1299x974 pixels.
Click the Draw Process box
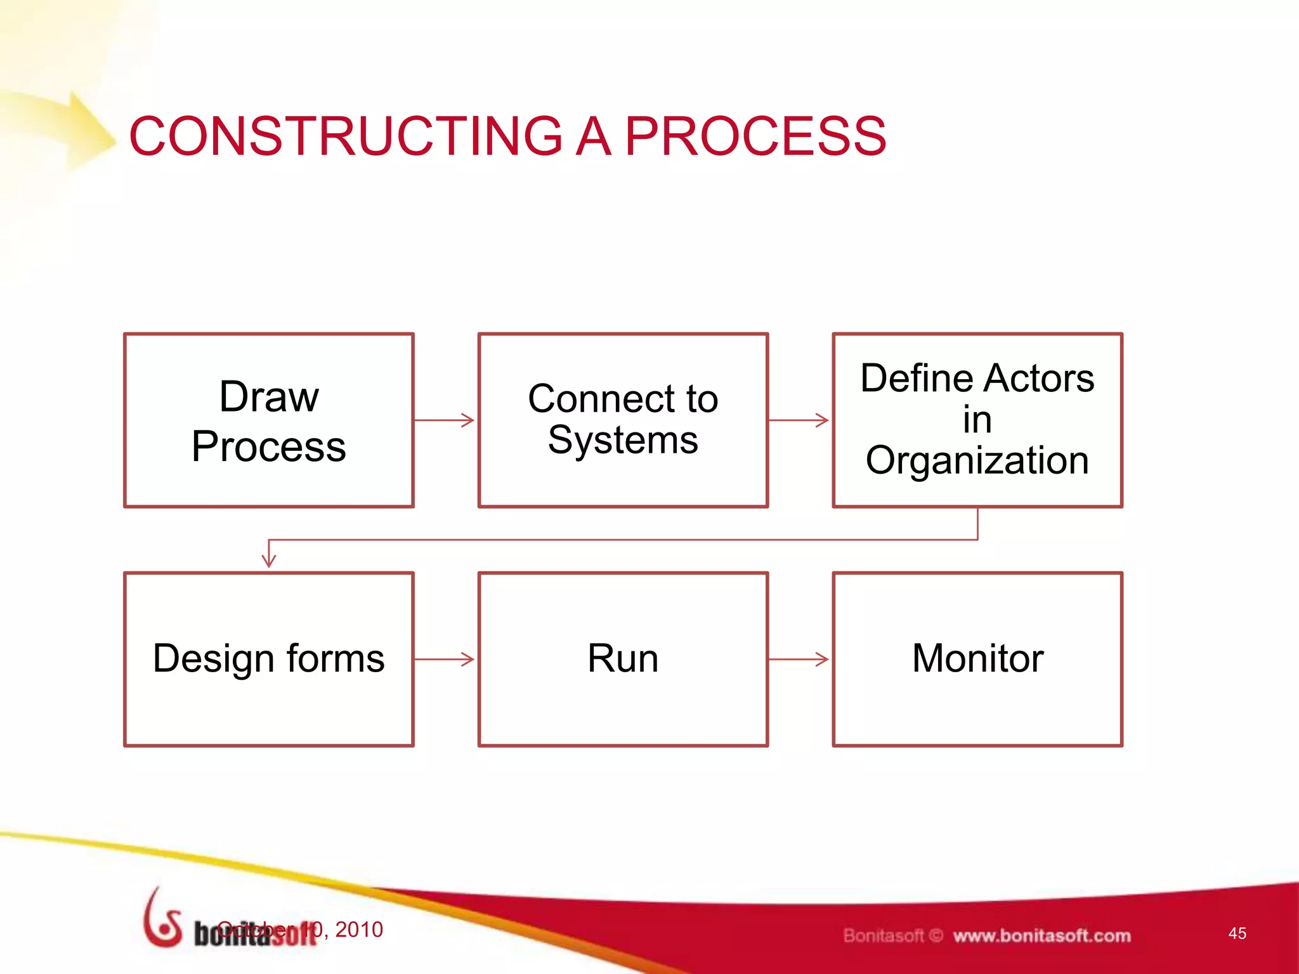(x=269, y=420)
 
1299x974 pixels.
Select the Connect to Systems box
(x=623, y=420)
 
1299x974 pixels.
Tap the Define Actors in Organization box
(x=977, y=420)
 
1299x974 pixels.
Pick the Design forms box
(x=269, y=659)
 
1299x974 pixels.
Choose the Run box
(x=623, y=659)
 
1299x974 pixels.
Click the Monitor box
(x=977, y=659)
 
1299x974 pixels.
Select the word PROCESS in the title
(x=755, y=136)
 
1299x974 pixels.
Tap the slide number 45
(x=1237, y=933)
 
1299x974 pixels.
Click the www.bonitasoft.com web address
(x=1041, y=936)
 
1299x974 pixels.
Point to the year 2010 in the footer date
(x=359, y=930)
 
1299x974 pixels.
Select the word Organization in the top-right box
(x=977, y=460)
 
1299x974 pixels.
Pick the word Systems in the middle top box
(x=623, y=440)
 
